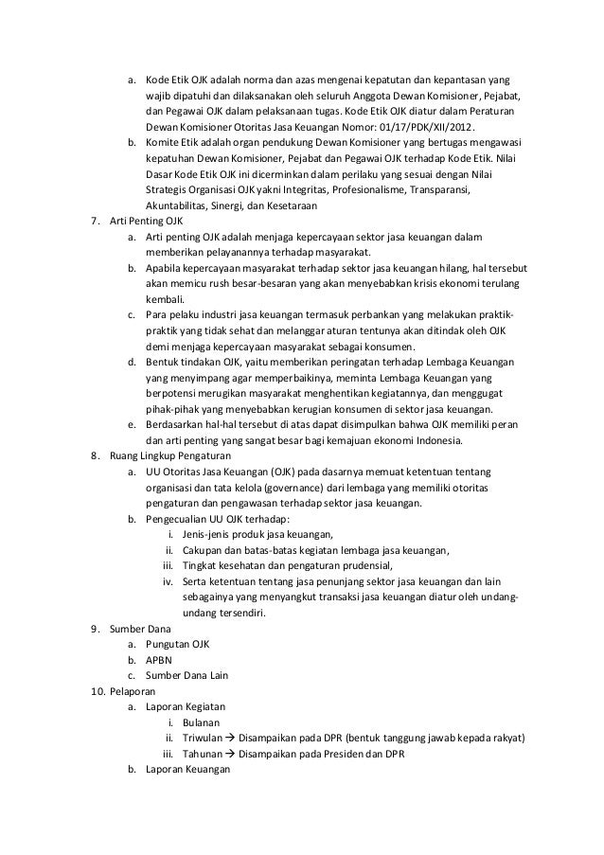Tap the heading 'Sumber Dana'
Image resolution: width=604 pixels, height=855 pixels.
[x=141, y=628]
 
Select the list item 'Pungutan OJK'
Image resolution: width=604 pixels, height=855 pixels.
[x=177, y=644]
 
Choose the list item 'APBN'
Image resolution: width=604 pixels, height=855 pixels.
[x=159, y=659]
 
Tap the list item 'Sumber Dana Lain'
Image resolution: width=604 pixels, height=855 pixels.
[x=187, y=675]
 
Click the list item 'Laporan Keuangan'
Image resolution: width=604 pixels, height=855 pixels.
[x=189, y=770]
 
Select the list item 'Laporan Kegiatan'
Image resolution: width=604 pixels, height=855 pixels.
[x=186, y=706]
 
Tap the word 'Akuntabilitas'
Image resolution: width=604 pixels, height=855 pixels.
[x=178, y=205]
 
